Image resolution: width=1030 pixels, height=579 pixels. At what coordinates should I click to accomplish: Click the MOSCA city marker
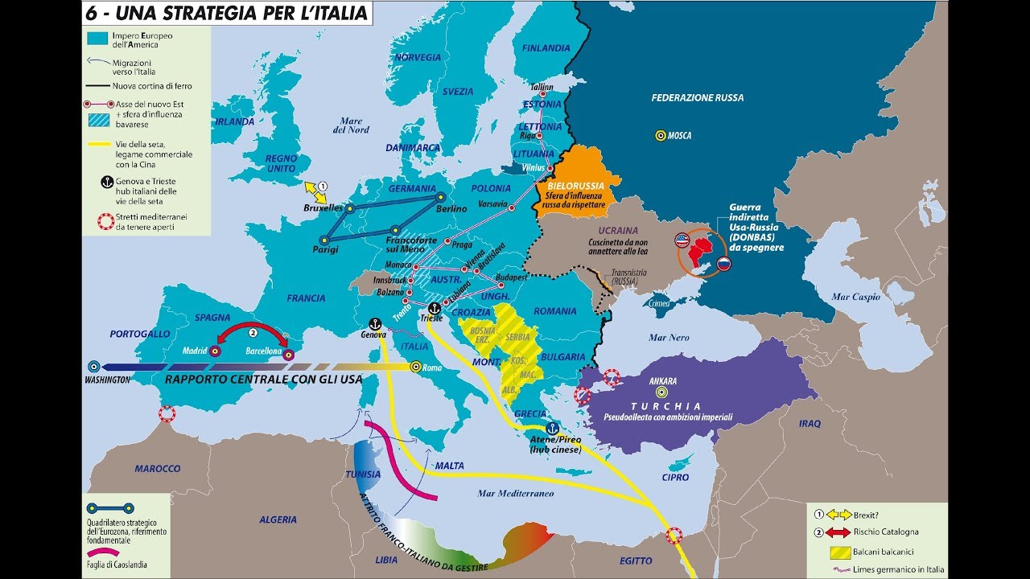[660, 136]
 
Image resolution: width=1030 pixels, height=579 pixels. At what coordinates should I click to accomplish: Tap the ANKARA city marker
[661, 392]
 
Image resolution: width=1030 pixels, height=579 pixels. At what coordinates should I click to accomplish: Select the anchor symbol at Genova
[375, 322]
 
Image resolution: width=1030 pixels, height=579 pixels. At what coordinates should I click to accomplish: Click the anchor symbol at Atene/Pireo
[551, 429]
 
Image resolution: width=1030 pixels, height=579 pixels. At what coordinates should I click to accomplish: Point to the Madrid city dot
[214, 351]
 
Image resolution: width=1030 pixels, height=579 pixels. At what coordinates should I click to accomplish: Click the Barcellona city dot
[289, 354]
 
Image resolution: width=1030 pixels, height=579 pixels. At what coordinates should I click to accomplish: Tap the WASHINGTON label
[107, 379]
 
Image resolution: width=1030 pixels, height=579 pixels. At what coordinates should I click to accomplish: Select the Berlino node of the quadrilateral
[440, 197]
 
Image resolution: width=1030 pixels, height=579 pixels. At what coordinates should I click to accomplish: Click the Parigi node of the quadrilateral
[323, 239]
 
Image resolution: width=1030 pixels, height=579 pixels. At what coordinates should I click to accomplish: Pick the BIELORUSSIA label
[575, 186]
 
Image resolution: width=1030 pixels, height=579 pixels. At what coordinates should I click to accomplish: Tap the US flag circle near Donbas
[682, 240]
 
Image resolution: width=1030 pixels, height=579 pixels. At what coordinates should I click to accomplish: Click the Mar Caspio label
[856, 297]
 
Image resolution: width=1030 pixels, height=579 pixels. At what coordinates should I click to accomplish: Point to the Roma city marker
[416, 367]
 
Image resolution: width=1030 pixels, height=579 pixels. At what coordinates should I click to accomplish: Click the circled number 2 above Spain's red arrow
[253, 331]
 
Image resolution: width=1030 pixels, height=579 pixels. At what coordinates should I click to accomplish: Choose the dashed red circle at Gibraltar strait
[167, 414]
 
